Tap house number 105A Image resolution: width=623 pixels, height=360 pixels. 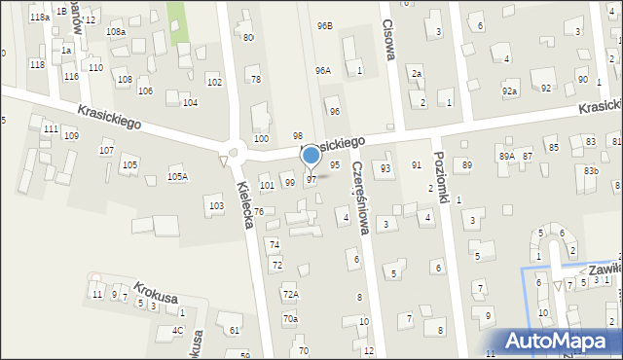pos(177,176)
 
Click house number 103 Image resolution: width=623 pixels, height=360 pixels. pos(216,205)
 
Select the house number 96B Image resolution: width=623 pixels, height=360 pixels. pos(324,25)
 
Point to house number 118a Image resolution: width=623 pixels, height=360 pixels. pos(39,18)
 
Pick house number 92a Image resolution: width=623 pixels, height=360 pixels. pos(509,90)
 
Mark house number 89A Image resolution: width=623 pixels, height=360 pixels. pos(506,156)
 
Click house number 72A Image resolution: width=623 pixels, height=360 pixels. pos(290,294)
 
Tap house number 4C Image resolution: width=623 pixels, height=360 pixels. pos(177,330)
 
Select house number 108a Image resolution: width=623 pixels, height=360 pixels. pos(116,32)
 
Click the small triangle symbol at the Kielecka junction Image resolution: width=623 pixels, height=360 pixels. pos(223,160)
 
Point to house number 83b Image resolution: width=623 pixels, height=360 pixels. pos(591,171)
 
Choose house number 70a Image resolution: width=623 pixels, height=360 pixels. pos(290,318)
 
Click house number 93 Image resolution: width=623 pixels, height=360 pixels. pos(385,168)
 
